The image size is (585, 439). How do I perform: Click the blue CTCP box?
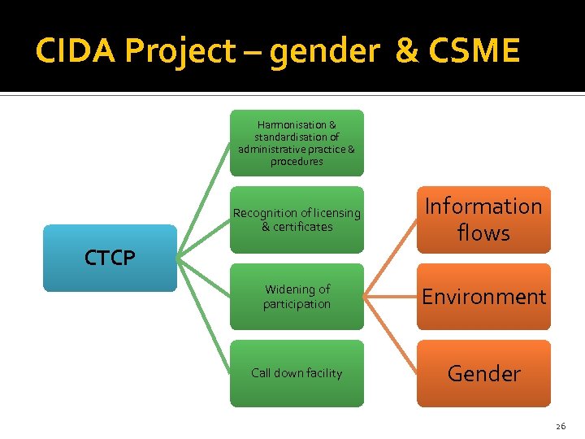pyautogui.click(x=110, y=258)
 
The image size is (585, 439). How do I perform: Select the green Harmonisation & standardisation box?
pyautogui.click(x=297, y=143)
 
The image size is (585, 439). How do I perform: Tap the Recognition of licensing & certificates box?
pyautogui.click(x=297, y=219)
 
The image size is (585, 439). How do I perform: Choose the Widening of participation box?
pyautogui.click(x=297, y=297)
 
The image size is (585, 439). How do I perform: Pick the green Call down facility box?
pyautogui.click(x=297, y=373)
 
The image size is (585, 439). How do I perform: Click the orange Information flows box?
pyautogui.click(x=483, y=219)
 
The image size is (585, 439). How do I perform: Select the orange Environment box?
pyautogui.click(x=483, y=297)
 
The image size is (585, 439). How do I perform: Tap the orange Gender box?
pyautogui.click(x=483, y=373)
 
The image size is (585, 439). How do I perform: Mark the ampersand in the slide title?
pyautogui.click(x=405, y=51)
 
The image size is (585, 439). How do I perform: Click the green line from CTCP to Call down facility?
pyautogui.click(x=203, y=316)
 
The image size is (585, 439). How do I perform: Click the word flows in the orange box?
pyautogui.click(x=483, y=233)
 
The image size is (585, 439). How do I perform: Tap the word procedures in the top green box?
pyautogui.click(x=297, y=162)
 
